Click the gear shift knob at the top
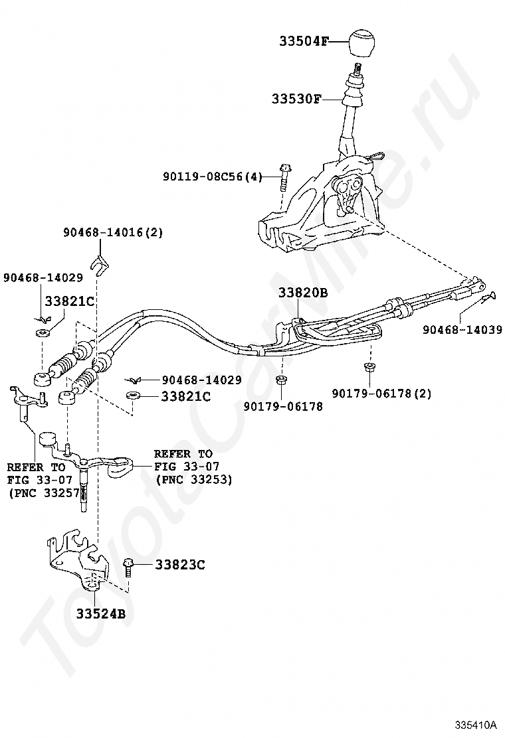(x=363, y=44)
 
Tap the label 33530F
(x=296, y=100)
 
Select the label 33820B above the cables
(x=303, y=293)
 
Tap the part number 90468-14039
(x=463, y=329)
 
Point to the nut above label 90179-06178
(x=281, y=380)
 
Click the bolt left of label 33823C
(x=128, y=565)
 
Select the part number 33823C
(x=180, y=565)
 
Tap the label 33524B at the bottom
(x=100, y=614)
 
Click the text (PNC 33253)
(x=193, y=479)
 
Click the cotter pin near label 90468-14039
(x=487, y=297)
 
